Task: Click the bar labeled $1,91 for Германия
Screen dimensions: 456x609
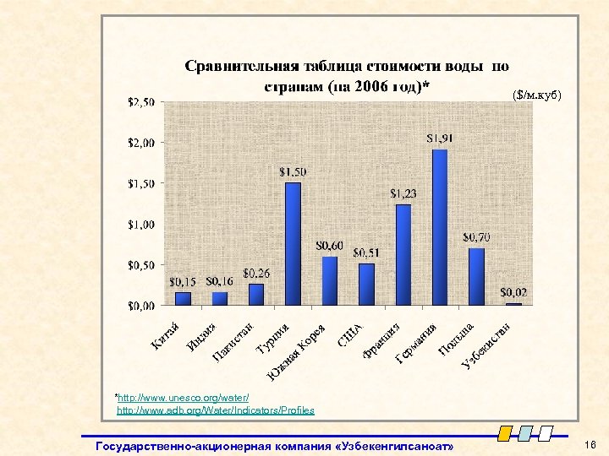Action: pyautogui.click(x=440, y=227)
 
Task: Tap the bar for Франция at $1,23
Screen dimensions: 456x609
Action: pyautogui.click(x=403, y=254)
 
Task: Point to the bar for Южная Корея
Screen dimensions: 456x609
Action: pyautogui.click(x=330, y=280)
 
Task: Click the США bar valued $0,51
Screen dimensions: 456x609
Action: pyautogui.click(x=366, y=284)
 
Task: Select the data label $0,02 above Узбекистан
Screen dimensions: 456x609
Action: pyautogui.click(x=513, y=292)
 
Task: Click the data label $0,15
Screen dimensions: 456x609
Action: pyautogui.click(x=184, y=281)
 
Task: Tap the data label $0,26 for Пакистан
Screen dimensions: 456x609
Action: pyautogui.click(x=257, y=274)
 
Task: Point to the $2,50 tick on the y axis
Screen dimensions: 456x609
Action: pyautogui.click(x=140, y=102)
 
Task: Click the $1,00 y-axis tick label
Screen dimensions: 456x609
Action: pyautogui.click(x=140, y=224)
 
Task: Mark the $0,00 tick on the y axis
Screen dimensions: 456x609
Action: pyautogui.click(x=140, y=305)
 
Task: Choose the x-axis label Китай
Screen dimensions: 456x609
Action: pyautogui.click(x=166, y=334)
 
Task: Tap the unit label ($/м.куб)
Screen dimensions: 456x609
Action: pyautogui.click(x=535, y=95)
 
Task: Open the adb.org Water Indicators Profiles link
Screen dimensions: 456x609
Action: pyautogui.click(x=215, y=410)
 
